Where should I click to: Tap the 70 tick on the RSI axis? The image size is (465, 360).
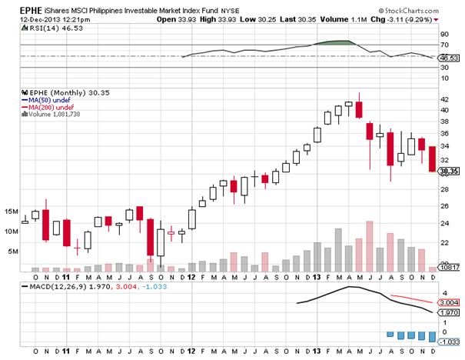click(444, 45)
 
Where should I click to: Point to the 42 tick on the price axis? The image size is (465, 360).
click(443, 99)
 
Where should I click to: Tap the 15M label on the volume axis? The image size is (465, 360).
click(12, 210)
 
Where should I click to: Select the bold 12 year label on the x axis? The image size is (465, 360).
click(191, 276)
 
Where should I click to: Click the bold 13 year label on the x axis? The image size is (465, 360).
click(317, 276)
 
